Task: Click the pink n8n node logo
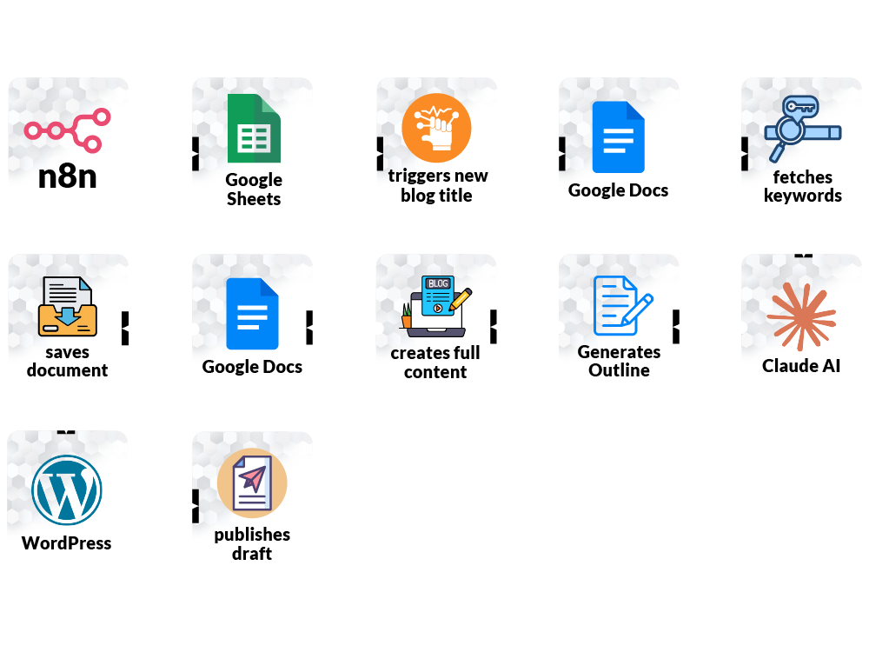click(x=68, y=130)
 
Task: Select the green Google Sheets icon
click(x=254, y=129)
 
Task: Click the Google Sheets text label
click(x=254, y=190)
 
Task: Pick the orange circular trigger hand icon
click(x=436, y=128)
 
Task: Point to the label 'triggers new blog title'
click(x=437, y=186)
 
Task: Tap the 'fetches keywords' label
click(x=803, y=186)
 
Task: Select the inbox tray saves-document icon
click(x=68, y=306)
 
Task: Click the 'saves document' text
click(x=68, y=361)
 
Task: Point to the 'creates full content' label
click(x=435, y=363)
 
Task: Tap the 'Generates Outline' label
click(x=619, y=361)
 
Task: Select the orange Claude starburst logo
click(x=801, y=316)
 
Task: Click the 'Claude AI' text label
click(x=801, y=366)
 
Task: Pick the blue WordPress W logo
click(x=67, y=489)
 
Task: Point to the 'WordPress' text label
click(x=67, y=543)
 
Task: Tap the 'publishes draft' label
click(x=252, y=543)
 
